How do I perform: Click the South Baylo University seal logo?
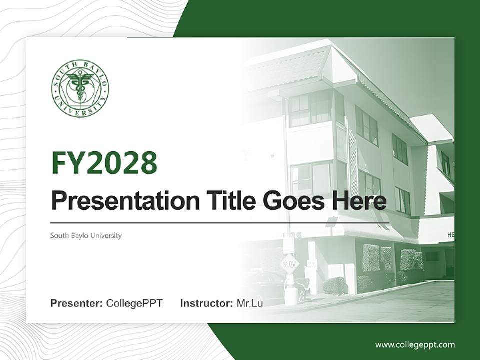(80, 88)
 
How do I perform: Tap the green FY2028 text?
(104, 163)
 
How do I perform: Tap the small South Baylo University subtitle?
(86, 235)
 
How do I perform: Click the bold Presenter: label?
(77, 303)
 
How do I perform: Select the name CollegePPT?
(134, 303)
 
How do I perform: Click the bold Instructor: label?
(207, 303)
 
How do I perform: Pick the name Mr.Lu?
(250, 303)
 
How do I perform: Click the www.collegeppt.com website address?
(415, 345)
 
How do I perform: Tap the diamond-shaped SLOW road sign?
(290, 263)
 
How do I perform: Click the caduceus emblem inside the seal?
(80, 86)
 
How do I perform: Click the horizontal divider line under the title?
(220, 222)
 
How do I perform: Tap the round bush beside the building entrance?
(333, 285)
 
